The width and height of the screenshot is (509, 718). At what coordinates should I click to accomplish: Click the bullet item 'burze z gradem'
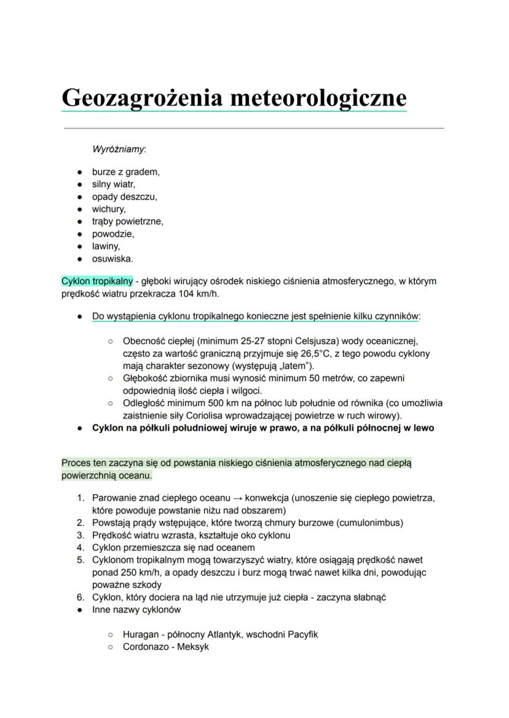pos(125,172)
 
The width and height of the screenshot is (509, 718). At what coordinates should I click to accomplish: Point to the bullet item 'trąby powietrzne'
pos(127,221)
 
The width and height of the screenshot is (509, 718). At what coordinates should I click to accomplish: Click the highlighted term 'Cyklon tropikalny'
pos(97,281)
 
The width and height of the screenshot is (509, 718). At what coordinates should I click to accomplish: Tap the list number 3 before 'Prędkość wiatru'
pos(80,535)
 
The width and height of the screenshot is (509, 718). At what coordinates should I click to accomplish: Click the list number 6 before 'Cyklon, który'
pos(80,597)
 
